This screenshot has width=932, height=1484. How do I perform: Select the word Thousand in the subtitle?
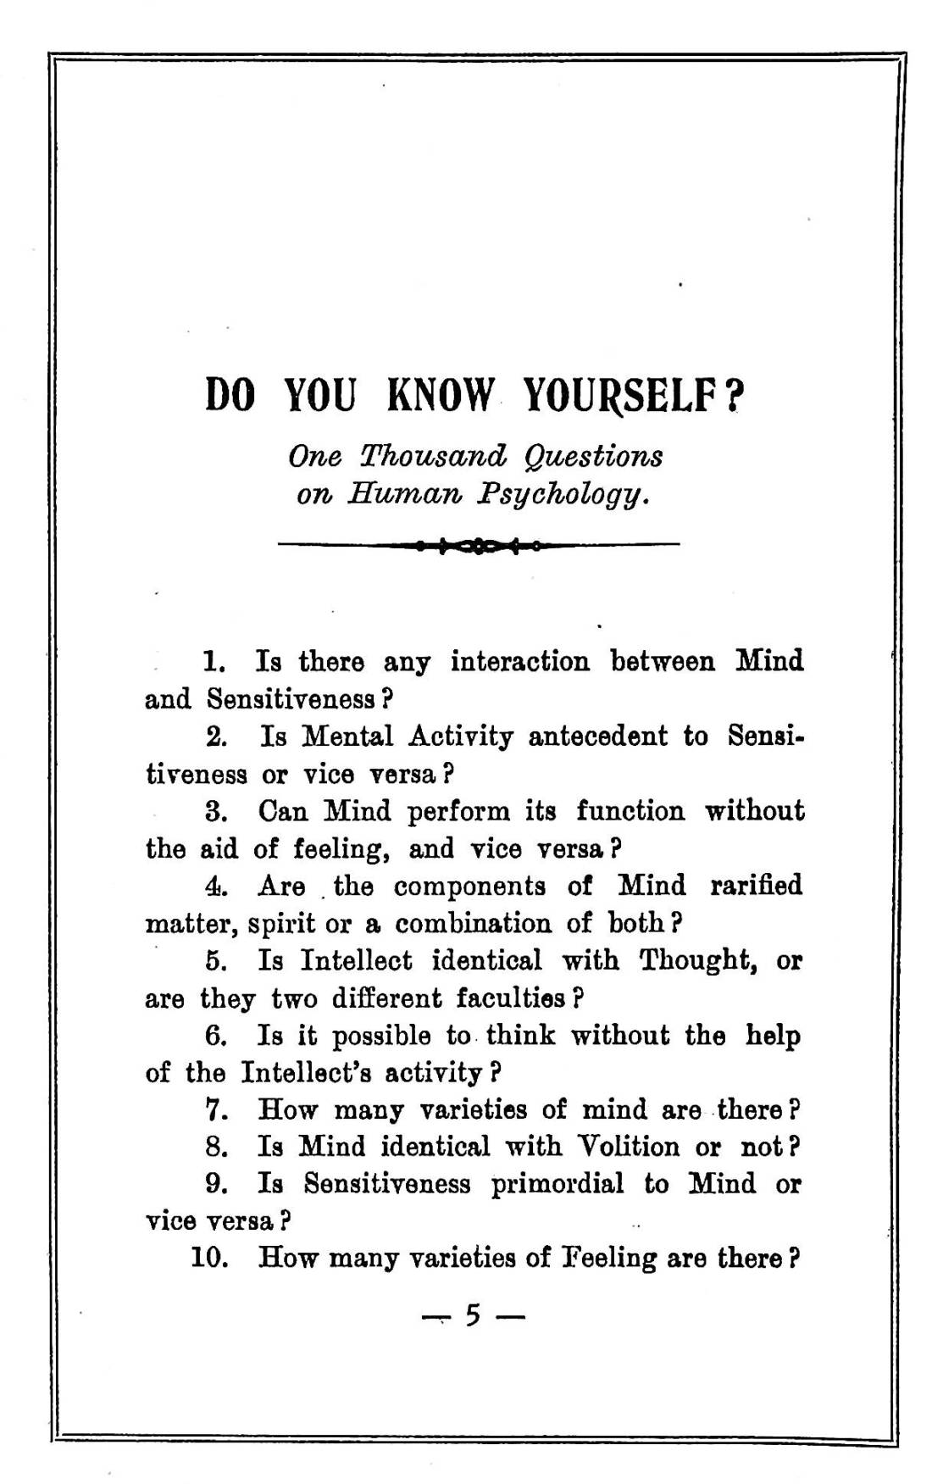click(433, 456)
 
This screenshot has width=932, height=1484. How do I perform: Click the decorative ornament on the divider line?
click(479, 545)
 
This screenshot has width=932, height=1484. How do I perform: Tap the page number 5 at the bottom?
click(473, 1315)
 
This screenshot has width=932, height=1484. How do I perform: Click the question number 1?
click(212, 661)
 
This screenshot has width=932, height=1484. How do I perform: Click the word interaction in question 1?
click(519, 661)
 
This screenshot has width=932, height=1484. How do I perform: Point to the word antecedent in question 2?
click(597, 736)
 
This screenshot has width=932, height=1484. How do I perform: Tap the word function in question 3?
click(630, 811)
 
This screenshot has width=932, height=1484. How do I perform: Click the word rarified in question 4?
click(756, 886)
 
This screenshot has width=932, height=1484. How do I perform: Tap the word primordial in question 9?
click(557, 1184)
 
